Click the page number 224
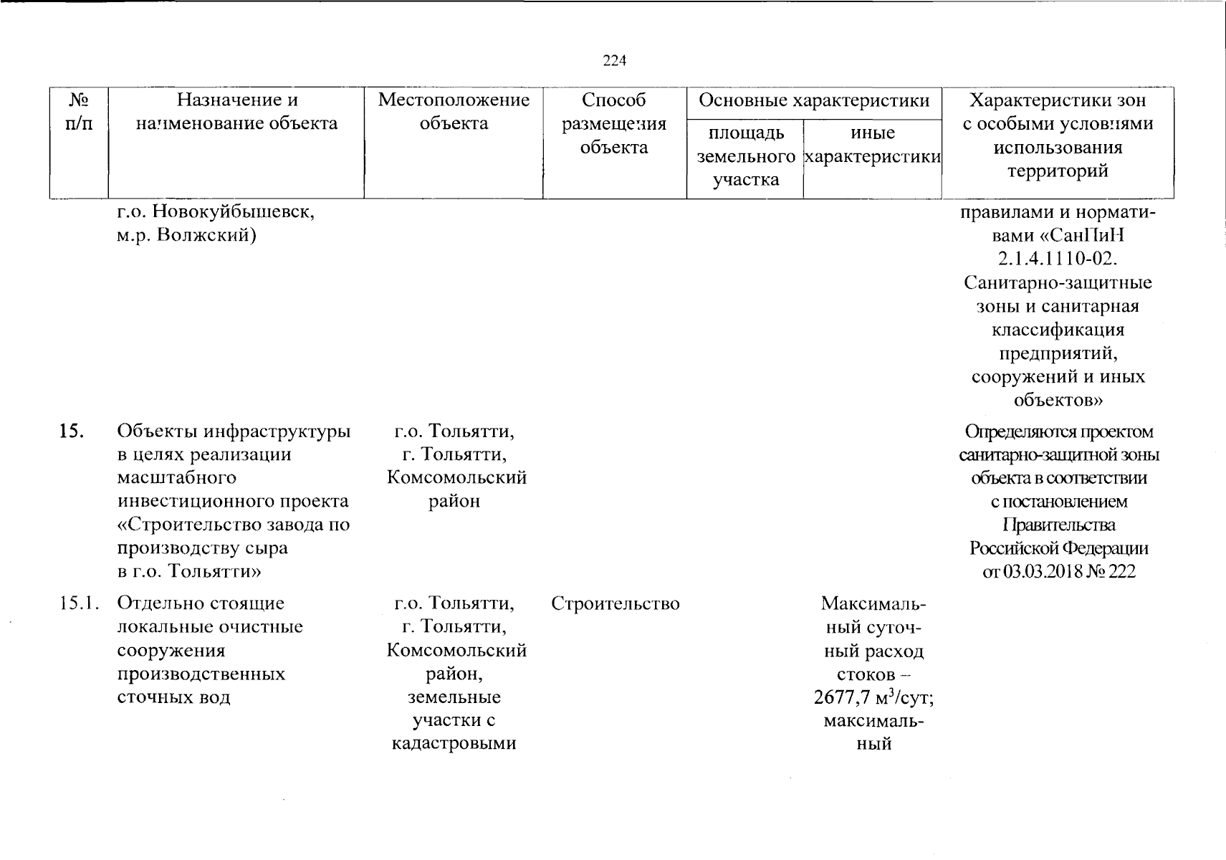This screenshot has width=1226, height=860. [x=614, y=61]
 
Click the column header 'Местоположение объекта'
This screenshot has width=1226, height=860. [x=454, y=111]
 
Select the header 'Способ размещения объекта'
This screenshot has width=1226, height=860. [x=614, y=123]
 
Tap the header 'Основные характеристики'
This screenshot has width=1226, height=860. [x=814, y=100]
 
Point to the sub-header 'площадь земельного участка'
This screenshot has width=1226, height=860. [x=745, y=156]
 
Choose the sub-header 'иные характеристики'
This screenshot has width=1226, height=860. [x=872, y=145]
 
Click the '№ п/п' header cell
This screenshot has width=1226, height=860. [x=78, y=111]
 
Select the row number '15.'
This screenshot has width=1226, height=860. [x=72, y=431]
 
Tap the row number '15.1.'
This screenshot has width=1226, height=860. [x=79, y=603]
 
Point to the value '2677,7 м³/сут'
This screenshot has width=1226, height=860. [x=873, y=697]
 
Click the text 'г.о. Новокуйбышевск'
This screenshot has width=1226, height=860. [x=215, y=212]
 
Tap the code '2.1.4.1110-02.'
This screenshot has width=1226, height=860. [x=1058, y=259]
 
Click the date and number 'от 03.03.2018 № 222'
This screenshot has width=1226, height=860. [x=1058, y=572]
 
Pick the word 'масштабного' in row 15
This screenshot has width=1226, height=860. [x=176, y=477]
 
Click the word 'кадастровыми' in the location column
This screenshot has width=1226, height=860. [x=454, y=743]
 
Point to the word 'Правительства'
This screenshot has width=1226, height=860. [x=1058, y=525]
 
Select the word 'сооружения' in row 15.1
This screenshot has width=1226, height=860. [x=171, y=650]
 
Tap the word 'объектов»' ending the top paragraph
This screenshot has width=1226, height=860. [x=1058, y=399]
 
